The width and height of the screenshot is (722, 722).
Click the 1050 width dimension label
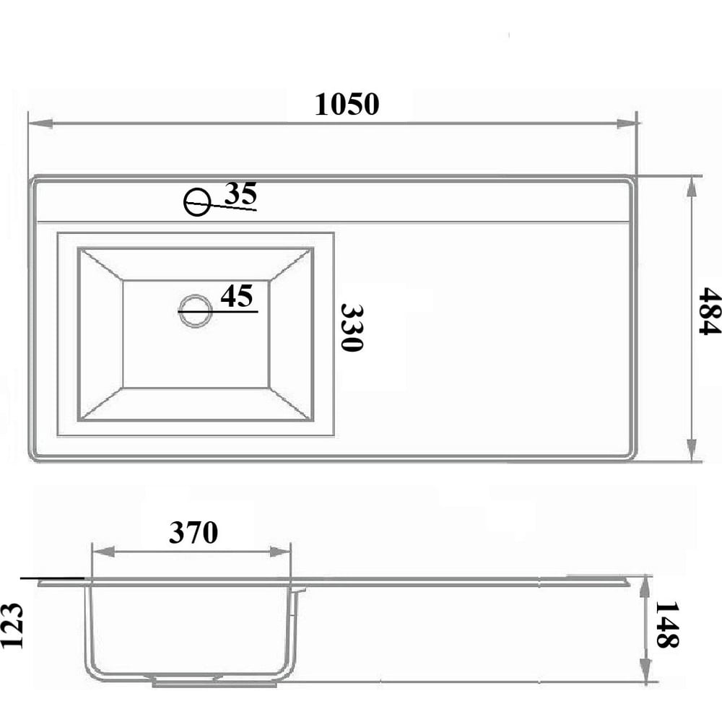coord(347,104)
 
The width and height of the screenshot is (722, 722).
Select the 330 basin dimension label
coord(352,327)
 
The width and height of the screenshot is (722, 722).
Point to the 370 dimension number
coord(193,532)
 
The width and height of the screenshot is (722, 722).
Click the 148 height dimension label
coord(666,625)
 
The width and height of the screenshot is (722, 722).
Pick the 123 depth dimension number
coord(12,625)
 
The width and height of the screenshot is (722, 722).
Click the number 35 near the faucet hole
coord(240,193)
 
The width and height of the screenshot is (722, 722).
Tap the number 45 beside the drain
coord(237,295)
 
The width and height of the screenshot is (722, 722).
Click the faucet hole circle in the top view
coord(197,202)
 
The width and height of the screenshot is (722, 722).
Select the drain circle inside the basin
coord(196,310)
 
